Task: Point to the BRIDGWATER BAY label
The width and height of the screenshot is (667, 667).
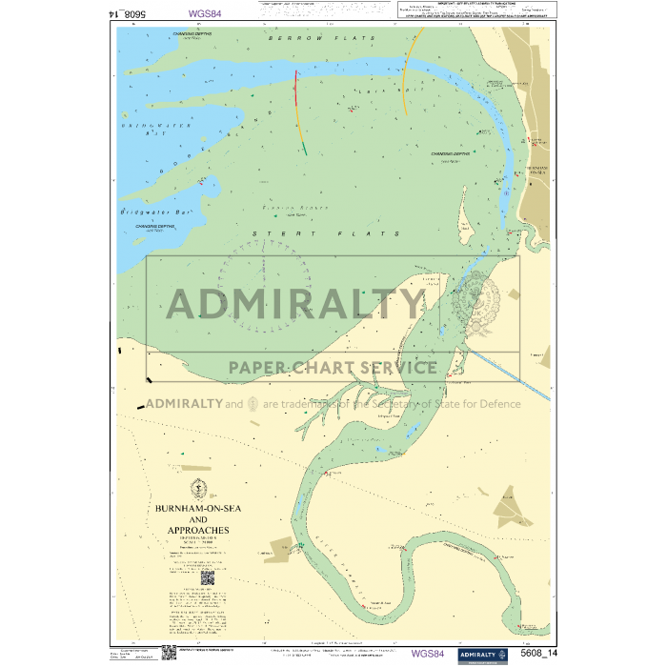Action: pyautogui.click(x=142, y=129)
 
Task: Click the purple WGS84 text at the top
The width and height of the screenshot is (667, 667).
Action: pyautogui.click(x=206, y=14)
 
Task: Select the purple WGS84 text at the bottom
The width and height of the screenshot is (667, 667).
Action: pyautogui.click(x=427, y=654)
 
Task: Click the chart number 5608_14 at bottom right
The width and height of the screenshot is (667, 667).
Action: pyautogui.click(x=540, y=654)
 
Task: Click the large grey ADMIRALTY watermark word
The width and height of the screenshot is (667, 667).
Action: pyautogui.click(x=295, y=304)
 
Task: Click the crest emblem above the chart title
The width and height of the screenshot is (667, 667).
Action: pyautogui.click(x=198, y=488)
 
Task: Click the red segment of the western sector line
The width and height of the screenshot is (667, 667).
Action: pyautogui.click(x=296, y=86)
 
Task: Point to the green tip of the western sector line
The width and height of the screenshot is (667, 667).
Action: pyautogui.click(x=305, y=149)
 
